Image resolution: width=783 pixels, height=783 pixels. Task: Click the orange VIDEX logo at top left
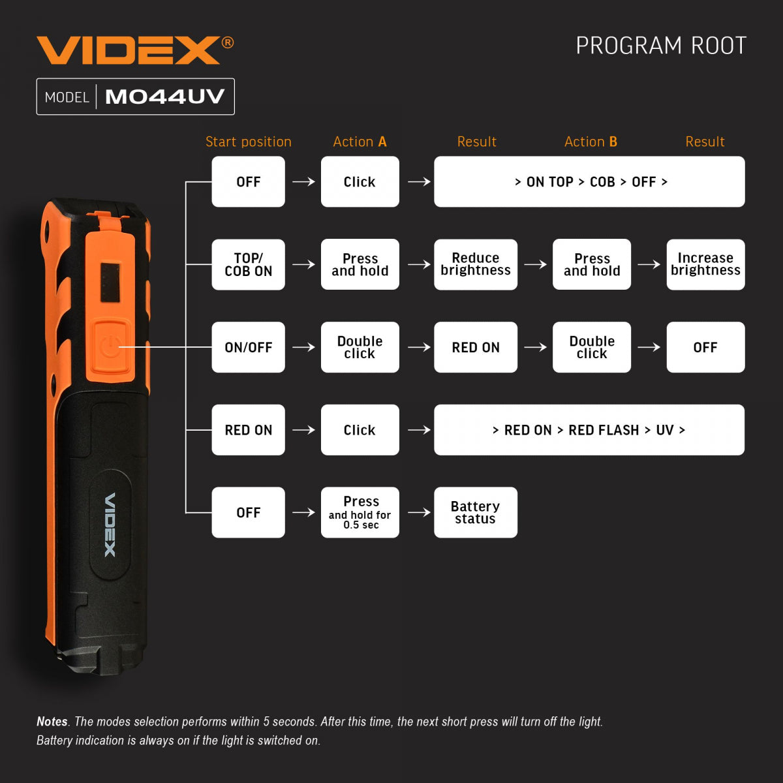point(129,50)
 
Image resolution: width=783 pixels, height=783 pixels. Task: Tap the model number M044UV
point(164,97)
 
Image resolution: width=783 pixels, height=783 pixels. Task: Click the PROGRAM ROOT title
point(660,46)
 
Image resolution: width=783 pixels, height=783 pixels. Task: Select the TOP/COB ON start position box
point(248,264)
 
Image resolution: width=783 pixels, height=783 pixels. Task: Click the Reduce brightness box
point(475,264)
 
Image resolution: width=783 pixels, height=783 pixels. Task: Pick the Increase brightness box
point(705,264)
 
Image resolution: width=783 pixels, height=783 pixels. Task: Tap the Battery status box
point(475,512)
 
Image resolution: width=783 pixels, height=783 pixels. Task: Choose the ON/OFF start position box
point(248,347)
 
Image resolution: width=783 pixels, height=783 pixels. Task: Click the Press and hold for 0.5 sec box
point(360,512)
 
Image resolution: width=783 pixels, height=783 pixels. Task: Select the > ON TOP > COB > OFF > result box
point(589,181)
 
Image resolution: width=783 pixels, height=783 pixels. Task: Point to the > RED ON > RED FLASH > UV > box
point(589,430)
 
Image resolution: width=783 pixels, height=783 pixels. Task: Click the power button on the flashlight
point(108,346)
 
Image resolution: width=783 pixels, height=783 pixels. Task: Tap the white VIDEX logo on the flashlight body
point(110,525)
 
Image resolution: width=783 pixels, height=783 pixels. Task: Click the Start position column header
point(248,142)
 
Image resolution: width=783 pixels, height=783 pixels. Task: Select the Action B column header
point(591,142)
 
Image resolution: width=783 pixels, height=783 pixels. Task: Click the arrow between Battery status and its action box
point(418,512)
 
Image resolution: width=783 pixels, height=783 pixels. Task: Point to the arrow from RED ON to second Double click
point(535,347)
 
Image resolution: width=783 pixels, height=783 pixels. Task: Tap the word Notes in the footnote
point(52,722)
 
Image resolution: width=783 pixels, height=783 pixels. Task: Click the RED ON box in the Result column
point(475,347)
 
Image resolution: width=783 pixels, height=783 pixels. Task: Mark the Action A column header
point(360,142)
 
